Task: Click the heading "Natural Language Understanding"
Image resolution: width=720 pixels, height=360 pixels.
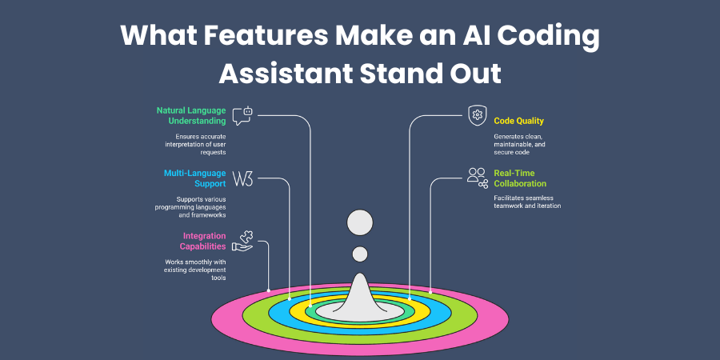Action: (x=191, y=116)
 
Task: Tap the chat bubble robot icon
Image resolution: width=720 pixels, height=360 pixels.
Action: (x=242, y=116)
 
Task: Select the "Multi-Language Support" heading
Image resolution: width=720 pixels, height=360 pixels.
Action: (x=194, y=178)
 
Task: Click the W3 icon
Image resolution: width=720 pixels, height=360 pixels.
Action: (x=242, y=178)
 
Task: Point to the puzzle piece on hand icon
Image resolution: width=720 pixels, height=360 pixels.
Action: (x=242, y=241)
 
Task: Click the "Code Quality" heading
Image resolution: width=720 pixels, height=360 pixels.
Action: (x=519, y=121)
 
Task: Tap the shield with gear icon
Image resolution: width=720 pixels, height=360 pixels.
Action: (x=477, y=115)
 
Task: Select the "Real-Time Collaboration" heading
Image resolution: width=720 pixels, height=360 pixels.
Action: (x=520, y=178)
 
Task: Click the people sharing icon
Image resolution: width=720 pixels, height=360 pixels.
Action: (x=478, y=178)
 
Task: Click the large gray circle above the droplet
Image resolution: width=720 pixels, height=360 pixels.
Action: (x=360, y=222)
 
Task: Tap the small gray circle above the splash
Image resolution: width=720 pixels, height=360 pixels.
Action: (x=359, y=254)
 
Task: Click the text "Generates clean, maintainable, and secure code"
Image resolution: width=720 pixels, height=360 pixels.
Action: (x=519, y=144)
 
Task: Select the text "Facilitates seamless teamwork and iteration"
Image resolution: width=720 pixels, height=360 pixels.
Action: (x=527, y=202)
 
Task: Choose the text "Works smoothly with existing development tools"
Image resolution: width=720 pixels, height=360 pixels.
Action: (x=195, y=270)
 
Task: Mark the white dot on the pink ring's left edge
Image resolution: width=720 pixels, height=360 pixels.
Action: (x=268, y=290)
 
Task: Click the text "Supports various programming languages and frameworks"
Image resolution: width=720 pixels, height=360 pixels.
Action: (x=190, y=207)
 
